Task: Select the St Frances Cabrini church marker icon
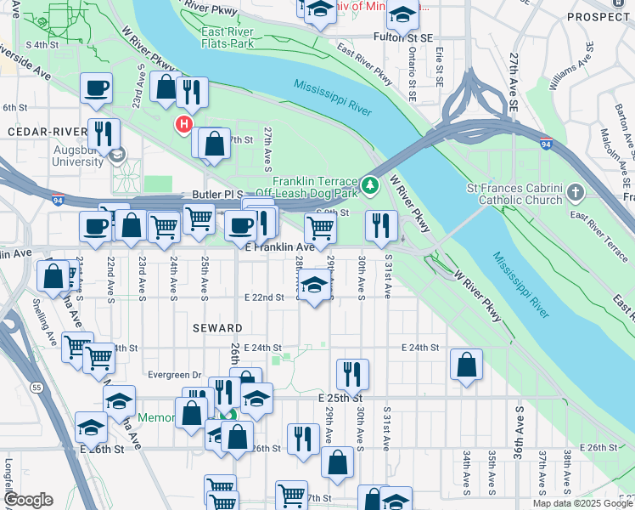click(x=577, y=191)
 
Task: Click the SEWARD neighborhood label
click(x=216, y=328)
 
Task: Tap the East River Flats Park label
click(x=228, y=37)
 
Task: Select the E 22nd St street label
click(x=262, y=297)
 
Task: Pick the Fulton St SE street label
click(x=403, y=37)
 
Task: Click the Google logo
click(x=28, y=500)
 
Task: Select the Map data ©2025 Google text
click(x=582, y=503)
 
